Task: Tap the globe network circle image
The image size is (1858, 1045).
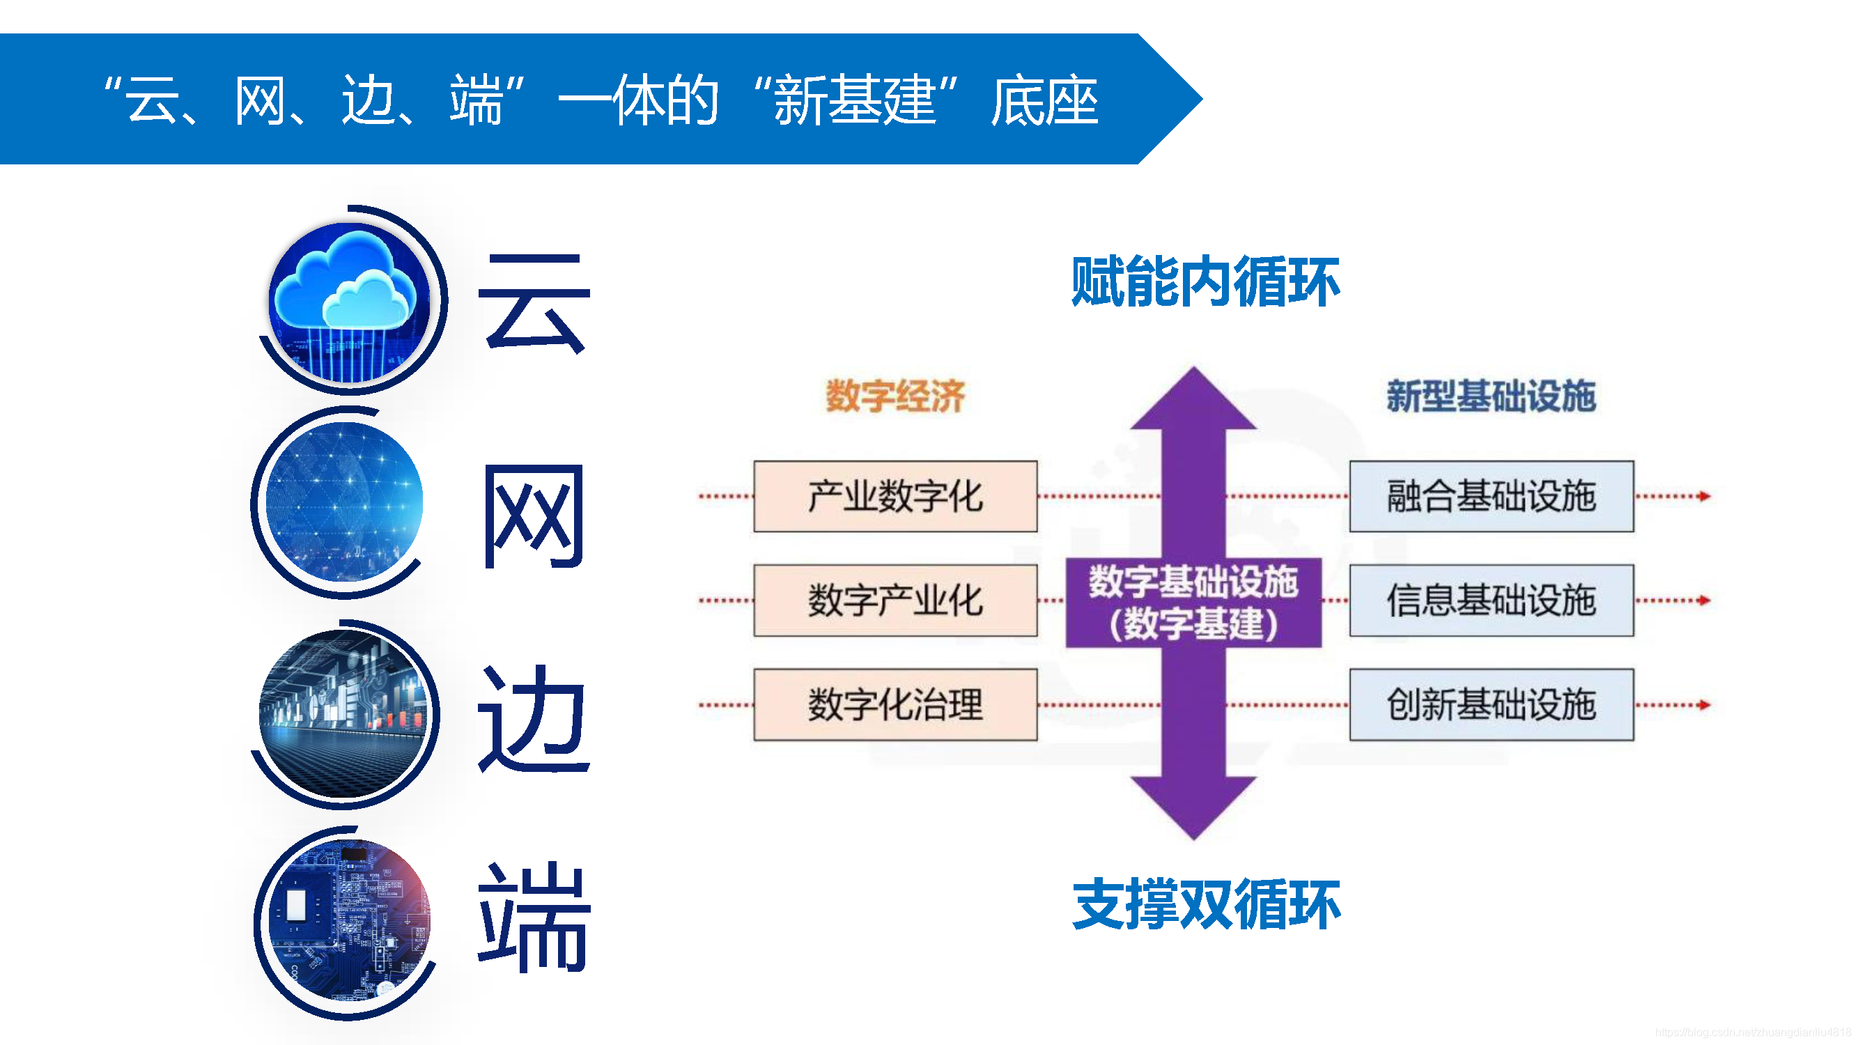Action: [x=344, y=501]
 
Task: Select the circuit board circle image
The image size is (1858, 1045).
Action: [x=349, y=920]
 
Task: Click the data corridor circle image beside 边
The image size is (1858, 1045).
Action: [x=343, y=714]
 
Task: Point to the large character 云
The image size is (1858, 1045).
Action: [x=534, y=303]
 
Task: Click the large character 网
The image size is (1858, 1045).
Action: [x=534, y=516]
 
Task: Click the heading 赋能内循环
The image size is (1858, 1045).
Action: [x=1205, y=281]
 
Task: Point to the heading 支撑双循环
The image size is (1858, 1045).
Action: [x=1205, y=904]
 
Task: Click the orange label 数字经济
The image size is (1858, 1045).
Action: [x=895, y=396]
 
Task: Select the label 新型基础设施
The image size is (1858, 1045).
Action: [x=1490, y=396]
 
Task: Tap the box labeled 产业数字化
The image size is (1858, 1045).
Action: [x=895, y=496]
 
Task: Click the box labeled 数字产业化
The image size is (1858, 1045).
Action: [x=895, y=600]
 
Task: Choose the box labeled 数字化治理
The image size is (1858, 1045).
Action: [x=895, y=704]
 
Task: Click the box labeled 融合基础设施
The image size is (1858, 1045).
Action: [x=1491, y=496]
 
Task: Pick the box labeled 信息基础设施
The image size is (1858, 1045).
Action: [x=1491, y=600]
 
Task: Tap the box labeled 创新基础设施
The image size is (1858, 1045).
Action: [x=1491, y=704]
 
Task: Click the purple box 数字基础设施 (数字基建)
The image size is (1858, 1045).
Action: [x=1193, y=602]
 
